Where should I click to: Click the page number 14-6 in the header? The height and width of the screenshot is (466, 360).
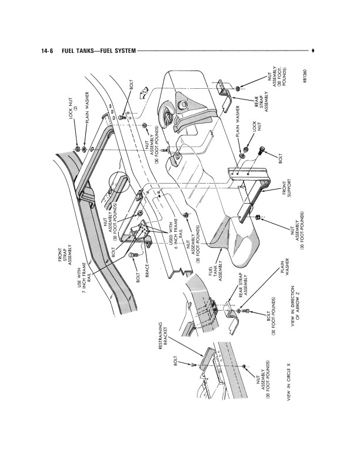pyautogui.click(x=47, y=51)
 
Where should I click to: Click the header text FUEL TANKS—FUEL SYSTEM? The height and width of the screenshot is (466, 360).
pyautogui.click(x=99, y=51)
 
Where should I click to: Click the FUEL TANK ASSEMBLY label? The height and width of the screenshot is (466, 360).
pyautogui.click(x=216, y=271)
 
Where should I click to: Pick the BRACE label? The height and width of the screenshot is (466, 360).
pyautogui.click(x=147, y=271)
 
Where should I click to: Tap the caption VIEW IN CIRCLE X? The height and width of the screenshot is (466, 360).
pyautogui.click(x=289, y=382)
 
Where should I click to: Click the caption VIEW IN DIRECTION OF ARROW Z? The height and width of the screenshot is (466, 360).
pyautogui.click(x=295, y=307)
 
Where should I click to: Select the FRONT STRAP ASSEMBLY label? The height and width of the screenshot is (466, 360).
pyautogui.click(x=65, y=255)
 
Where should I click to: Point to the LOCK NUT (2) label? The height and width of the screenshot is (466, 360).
pyautogui.click(x=73, y=109)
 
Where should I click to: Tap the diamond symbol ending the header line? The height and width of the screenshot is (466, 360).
pyautogui.click(x=313, y=51)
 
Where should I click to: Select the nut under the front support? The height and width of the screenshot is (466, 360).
pyautogui.click(x=258, y=217)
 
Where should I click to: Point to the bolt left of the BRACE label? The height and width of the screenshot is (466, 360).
pyautogui.click(x=132, y=255)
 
